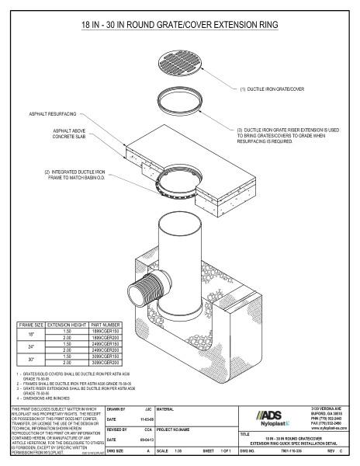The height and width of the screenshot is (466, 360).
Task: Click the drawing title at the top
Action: (180, 26)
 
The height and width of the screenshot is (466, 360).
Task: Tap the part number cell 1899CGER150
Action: (106, 329)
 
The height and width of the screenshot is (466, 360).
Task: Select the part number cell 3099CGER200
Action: (106, 363)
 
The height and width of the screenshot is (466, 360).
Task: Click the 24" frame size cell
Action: (31, 346)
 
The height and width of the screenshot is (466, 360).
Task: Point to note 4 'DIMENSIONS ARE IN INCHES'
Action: (43, 398)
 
